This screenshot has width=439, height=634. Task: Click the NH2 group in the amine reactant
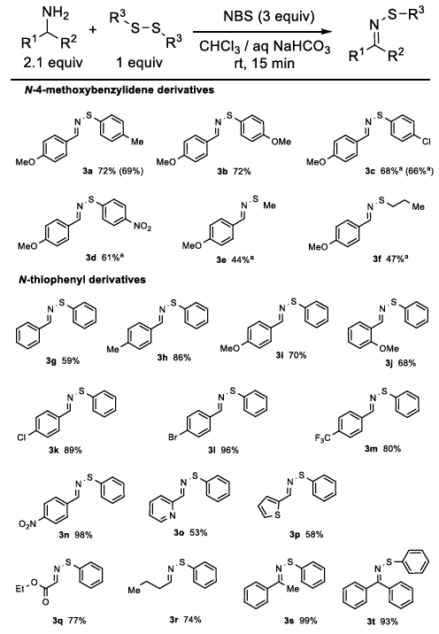point(56,14)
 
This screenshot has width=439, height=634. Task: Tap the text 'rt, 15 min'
point(265,64)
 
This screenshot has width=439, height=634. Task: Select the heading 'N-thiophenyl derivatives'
point(82,280)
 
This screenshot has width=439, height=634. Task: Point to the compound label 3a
point(88,171)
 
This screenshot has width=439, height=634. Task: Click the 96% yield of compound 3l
point(229,450)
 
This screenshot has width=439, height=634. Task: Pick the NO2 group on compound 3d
point(142,228)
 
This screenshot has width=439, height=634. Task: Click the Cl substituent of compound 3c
point(427,142)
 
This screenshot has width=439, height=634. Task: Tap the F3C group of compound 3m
point(322,438)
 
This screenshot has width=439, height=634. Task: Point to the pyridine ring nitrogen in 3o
point(173,516)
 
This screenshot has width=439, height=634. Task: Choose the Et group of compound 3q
point(20,589)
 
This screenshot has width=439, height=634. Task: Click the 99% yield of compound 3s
point(308,621)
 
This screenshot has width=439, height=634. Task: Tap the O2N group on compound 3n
point(27,524)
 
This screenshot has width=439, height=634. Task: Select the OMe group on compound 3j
point(389,348)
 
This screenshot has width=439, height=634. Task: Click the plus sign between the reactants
point(93,29)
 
